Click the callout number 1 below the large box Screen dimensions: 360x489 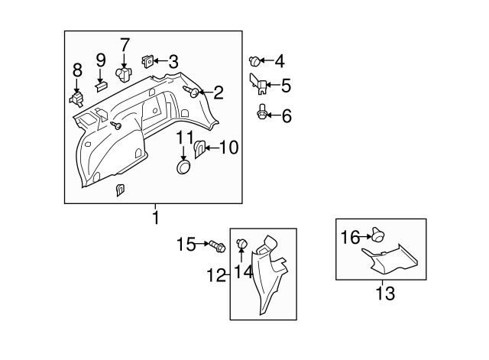point(155,218)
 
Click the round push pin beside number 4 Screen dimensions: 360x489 point(254,60)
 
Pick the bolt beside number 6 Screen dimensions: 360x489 point(261,115)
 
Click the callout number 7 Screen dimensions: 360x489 point(125,44)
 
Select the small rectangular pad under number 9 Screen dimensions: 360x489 point(101,86)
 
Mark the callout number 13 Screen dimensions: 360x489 point(387,293)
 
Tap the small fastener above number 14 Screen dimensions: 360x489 point(241,243)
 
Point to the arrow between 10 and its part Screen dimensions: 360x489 point(212,148)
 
